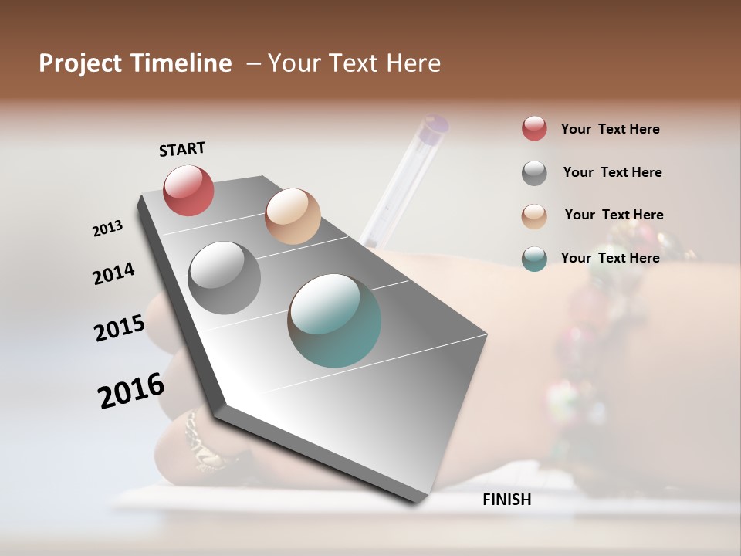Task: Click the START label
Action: point(182,149)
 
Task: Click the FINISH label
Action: point(507,500)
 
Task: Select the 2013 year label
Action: point(108,229)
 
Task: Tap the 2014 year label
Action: point(113,273)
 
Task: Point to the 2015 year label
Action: point(120,328)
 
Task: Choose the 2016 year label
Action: point(131,390)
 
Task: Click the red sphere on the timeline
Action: point(188,190)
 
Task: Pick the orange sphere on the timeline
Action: point(293,216)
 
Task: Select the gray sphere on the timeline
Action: point(225,277)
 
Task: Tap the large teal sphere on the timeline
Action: point(334,320)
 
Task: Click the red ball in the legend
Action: point(534,129)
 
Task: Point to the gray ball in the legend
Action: point(534,173)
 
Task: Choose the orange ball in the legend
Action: point(534,216)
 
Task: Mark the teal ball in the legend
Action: point(534,259)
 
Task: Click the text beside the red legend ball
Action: point(610,129)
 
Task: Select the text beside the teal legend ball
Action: point(610,258)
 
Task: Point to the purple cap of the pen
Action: point(435,125)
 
